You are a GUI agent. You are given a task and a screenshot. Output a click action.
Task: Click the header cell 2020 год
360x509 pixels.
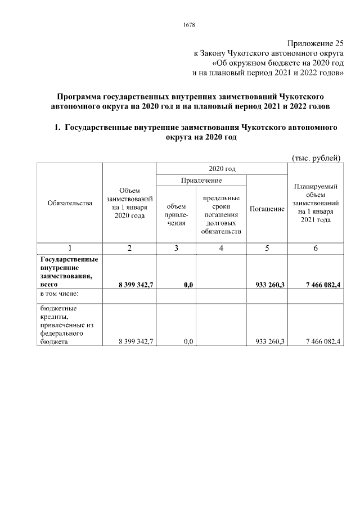pyautogui.click(x=221, y=168)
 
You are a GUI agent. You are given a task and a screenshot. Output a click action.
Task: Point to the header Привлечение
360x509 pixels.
pyautogui.click(x=201, y=180)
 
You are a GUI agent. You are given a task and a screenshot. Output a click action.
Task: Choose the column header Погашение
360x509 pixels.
pyautogui.click(x=267, y=209)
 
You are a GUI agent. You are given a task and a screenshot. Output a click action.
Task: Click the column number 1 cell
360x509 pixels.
pyautogui.click(x=70, y=248)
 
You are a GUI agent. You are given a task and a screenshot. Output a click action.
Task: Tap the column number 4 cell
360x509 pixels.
pyautogui.click(x=221, y=248)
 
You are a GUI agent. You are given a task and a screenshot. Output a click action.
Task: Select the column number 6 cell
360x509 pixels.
pyautogui.click(x=316, y=248)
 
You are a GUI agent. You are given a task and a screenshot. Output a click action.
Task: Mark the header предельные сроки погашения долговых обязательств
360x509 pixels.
pyautogui.click(x=221, y=215)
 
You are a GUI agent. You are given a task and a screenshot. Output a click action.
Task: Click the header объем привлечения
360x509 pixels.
pyautogui.click(x=176, y=215)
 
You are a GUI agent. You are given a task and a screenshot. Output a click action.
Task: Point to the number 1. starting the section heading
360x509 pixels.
pyautogui.click(x=57, y=128)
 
